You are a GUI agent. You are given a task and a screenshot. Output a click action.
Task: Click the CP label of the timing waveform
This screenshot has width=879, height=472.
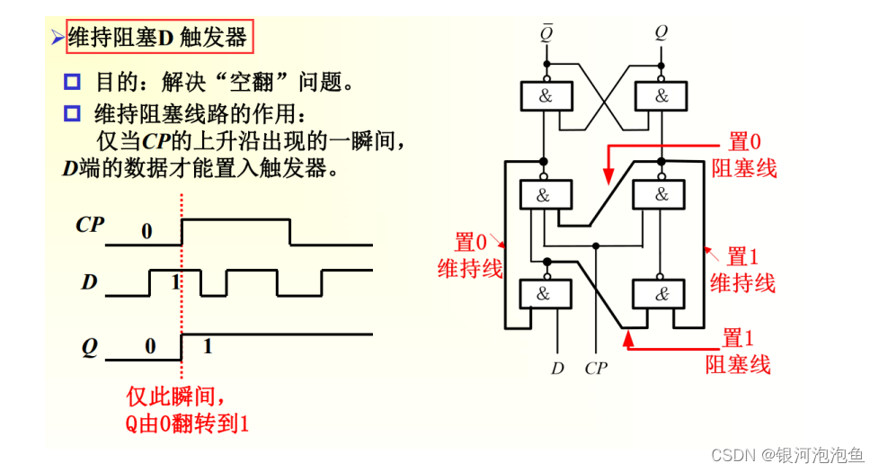click(90, 225)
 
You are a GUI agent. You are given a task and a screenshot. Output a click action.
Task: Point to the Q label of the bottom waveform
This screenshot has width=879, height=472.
click(89, 347)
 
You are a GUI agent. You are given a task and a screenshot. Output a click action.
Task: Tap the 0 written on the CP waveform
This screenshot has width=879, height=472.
click(146, 232)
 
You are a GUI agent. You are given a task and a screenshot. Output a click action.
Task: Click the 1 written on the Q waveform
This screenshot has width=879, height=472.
click(208, 346)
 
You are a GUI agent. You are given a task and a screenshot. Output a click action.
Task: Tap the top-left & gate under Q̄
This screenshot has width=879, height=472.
click(546, 96)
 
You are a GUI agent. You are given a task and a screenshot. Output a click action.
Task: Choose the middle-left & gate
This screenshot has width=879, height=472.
click(546, 195)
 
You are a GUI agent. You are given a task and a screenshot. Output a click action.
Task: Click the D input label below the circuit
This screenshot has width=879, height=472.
click(558, 368)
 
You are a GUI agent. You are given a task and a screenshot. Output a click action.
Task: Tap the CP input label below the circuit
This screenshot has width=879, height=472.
click(596, 368)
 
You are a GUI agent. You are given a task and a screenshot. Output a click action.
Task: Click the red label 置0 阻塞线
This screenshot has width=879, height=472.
click(744, 155)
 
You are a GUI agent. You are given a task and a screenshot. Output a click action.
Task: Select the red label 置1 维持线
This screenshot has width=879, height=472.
click(742, 270)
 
